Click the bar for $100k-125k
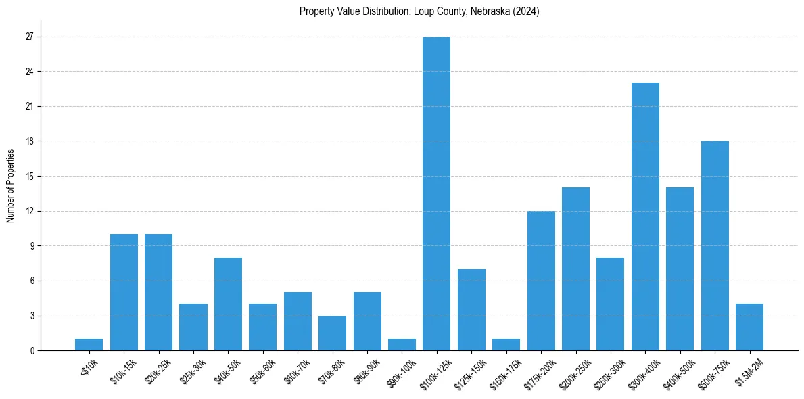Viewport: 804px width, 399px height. coord(436,193)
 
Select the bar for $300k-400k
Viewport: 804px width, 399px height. coord(645,216)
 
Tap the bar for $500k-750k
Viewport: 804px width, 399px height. coord(715,245)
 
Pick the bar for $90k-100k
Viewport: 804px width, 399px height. coord(402,345)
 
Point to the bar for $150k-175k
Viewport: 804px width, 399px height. coord(506,345)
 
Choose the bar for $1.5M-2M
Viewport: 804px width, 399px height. coord(749,327)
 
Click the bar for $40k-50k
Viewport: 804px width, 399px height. coord(228,304)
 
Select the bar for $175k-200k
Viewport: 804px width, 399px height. coord(541,281)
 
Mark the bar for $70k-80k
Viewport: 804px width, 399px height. coord(332,333)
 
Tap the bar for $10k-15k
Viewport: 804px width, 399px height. coord(124,292)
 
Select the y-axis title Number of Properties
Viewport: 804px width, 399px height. coord(11,186)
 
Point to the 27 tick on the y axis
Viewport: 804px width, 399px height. coord(28,37)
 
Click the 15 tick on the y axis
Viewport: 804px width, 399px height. coord(28,177)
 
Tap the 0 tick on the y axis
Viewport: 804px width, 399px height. coord(31,350)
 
